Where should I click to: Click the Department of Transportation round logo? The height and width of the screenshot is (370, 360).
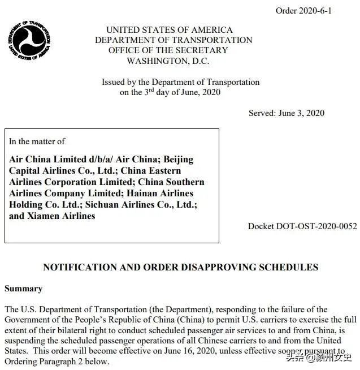30,39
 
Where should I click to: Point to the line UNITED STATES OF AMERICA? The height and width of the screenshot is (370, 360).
169,29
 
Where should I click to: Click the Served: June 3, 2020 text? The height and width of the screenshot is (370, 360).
287,113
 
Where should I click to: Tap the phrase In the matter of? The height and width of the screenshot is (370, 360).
37,141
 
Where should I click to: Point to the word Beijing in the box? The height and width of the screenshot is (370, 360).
175,160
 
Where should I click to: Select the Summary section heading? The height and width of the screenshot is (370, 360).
23,289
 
